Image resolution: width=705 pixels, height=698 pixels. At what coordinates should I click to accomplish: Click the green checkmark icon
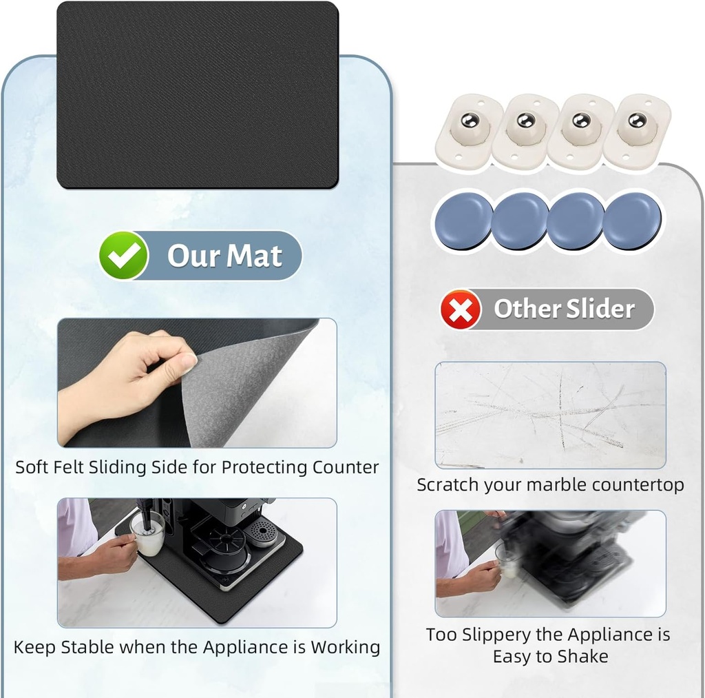(x=123, y=256)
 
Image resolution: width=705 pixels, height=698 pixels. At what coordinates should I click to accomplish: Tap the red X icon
(x=461, y=310)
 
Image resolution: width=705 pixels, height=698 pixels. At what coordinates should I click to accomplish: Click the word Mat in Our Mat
(x=255, y=256)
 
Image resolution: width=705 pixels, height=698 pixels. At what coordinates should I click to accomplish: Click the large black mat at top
(x=198, y=94)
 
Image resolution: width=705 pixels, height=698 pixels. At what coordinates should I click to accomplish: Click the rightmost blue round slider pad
(x=632, y=220)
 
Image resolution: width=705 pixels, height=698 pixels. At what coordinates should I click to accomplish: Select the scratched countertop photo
(x=550, y=415)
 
